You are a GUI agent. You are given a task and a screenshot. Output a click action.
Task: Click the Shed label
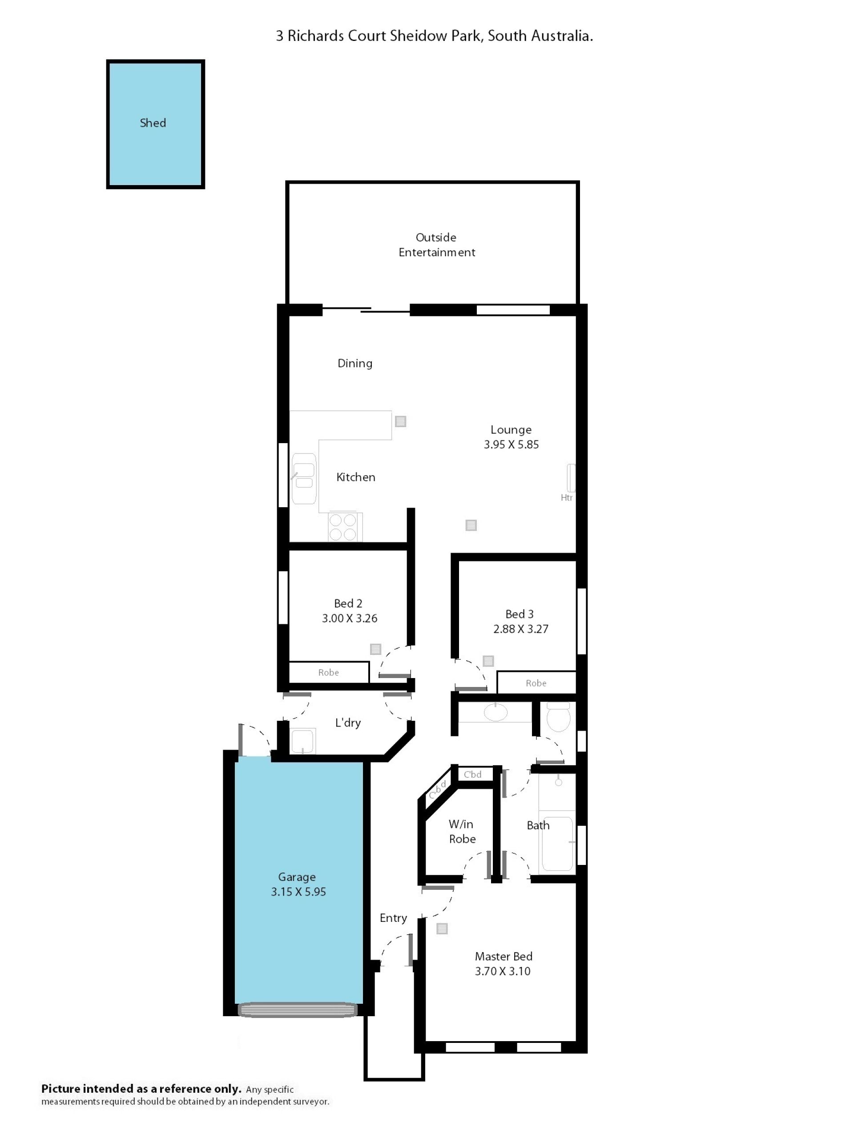point(153,122)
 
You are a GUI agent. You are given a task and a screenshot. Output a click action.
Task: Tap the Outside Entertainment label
point(436,245)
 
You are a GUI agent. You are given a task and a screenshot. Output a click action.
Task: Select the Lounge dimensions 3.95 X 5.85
point(511,444)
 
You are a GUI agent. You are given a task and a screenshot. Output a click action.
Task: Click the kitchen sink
point(304,478)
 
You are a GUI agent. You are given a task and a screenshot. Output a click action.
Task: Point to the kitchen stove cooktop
point(343,526)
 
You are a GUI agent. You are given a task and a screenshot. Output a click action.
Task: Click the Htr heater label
point(566,497)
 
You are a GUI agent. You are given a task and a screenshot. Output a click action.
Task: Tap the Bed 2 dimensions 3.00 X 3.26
point(350,618)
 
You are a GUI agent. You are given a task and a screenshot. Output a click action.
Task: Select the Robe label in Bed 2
point(328,672)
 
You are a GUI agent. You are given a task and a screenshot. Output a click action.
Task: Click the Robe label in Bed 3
point(536,683)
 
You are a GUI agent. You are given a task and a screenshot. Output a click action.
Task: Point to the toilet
point(559,716)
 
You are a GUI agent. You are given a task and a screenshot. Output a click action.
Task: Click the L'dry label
point(348,723)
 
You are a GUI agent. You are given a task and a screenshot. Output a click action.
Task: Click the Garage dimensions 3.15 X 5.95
point(298,892)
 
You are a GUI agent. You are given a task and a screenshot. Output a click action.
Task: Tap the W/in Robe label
point(462,832)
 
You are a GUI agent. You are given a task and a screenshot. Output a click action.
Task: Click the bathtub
point(557,843)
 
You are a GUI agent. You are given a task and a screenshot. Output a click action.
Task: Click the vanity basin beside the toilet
point(495,713)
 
